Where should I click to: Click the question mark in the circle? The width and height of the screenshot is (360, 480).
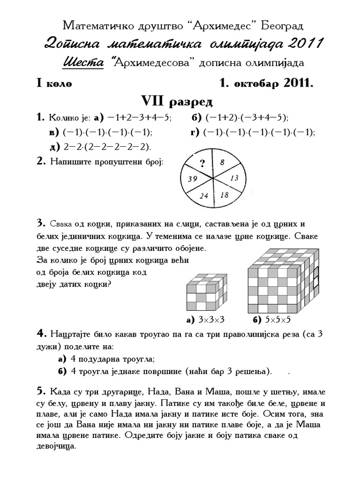coord(202,163)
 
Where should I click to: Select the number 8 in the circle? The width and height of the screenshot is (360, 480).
coord(222,162)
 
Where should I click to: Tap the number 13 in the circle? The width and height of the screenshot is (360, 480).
coord(235,178)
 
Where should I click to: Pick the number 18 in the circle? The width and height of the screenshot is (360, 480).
coord(225,195)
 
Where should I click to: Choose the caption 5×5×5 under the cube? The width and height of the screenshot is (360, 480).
coord(278,320)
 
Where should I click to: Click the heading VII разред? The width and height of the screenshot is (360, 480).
coord(177,101)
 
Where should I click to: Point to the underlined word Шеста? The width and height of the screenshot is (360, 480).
coord(83,62)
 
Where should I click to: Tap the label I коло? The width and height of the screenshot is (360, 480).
coord(54,83)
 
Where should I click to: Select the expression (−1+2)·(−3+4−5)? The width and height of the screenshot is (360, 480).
coord(247,117)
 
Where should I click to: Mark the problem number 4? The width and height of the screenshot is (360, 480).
coord(41,334)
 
